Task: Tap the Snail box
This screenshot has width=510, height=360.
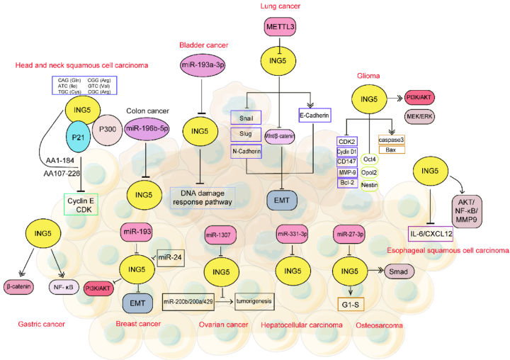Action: (x=246, y=118)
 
